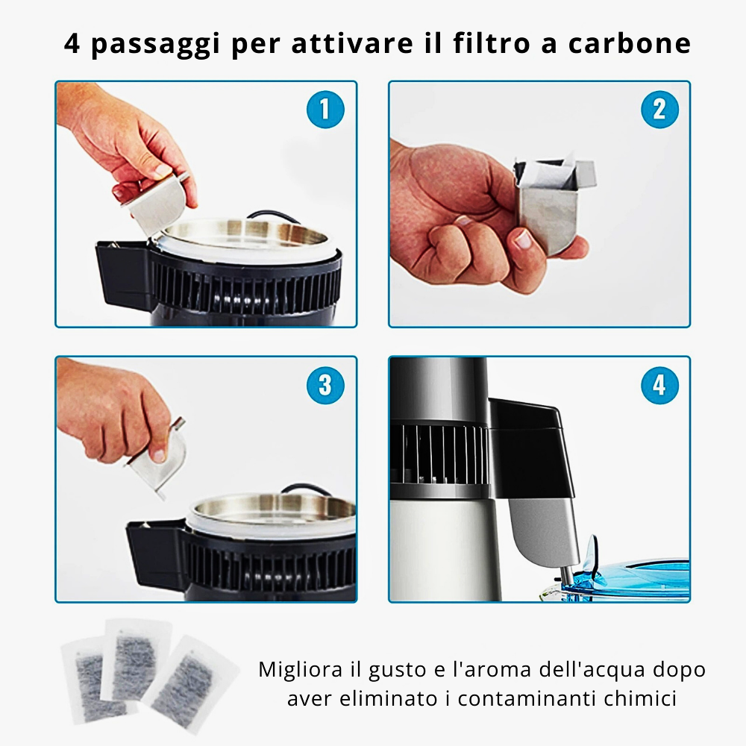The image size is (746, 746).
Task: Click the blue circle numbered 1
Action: pos(325,110)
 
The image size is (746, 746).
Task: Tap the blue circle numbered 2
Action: pos(659,110)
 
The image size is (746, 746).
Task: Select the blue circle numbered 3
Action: pos(325,386)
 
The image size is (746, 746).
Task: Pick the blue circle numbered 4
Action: pos(659,386)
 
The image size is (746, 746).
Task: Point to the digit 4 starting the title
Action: pos(72,43)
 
